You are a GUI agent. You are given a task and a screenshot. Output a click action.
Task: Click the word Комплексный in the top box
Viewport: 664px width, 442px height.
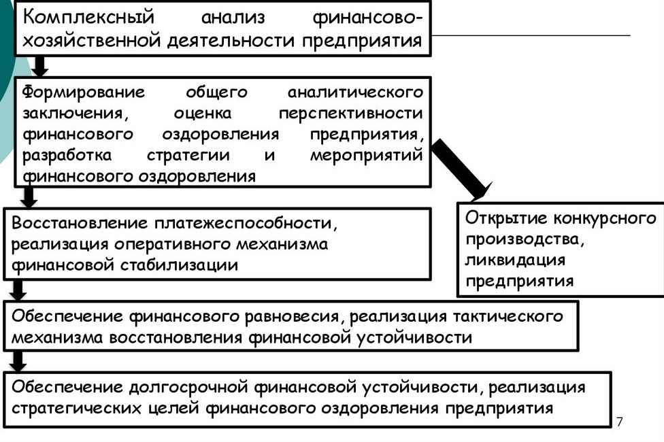[x=88, y=17]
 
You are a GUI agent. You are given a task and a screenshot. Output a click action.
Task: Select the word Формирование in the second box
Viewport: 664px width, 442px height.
[x=84, y=92]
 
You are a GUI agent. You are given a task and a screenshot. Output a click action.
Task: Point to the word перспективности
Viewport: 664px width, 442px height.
[x=350, y=113]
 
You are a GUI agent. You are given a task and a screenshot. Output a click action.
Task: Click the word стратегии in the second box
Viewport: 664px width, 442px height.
[x=188, y=155]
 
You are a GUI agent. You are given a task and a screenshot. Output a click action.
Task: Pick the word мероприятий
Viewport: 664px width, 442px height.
[x=366, y=155]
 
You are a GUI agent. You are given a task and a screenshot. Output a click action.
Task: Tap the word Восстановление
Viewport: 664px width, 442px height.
[x=80, y=222]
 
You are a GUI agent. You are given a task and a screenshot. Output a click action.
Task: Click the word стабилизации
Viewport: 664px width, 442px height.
[x=179, y=265]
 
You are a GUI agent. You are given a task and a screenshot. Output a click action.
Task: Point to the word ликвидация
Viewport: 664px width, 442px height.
[x=515, y=260]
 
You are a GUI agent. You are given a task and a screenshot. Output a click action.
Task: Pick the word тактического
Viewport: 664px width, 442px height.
[x=508, y=316]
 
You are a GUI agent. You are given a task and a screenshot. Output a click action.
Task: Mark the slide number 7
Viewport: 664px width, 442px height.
[x=620, y=421]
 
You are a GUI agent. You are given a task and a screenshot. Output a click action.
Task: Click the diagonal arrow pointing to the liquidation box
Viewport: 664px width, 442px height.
[x=461, y=169]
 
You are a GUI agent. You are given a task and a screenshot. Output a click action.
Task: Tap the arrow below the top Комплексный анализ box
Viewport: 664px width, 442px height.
[x=40, y=66]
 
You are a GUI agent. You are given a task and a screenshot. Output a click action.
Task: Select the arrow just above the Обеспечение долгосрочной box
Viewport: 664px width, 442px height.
[x=18, y=361]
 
